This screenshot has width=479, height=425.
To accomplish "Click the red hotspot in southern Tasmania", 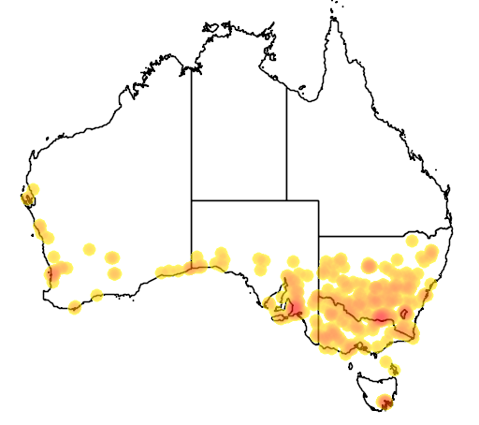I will [384, 403].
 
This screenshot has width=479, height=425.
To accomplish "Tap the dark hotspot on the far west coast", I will [27, 198].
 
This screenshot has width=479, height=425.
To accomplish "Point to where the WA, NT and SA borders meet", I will [192, 199].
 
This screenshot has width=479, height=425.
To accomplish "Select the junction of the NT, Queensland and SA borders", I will [286, 199].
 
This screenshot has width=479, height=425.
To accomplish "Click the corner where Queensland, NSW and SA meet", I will [319, 236].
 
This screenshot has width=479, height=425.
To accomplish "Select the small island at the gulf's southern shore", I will [302, 91].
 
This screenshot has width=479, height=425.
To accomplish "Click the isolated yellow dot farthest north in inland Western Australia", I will [90, 249].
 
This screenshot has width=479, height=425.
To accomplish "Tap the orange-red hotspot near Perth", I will [54, 273].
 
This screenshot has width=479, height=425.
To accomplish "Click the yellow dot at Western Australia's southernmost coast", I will [75, 306].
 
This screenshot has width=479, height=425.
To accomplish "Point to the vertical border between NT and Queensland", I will [286, 140].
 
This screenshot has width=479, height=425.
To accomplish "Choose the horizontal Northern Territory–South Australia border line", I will [239, 199].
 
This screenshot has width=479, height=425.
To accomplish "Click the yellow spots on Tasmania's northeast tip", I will [394, 373].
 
